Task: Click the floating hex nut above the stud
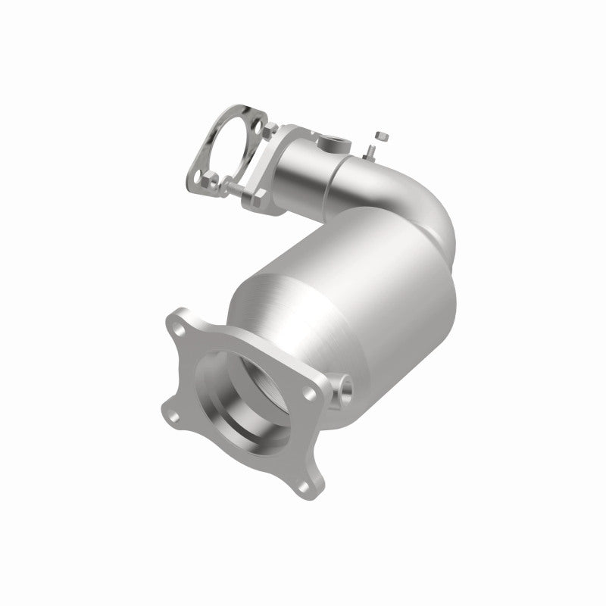click(381, 136)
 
